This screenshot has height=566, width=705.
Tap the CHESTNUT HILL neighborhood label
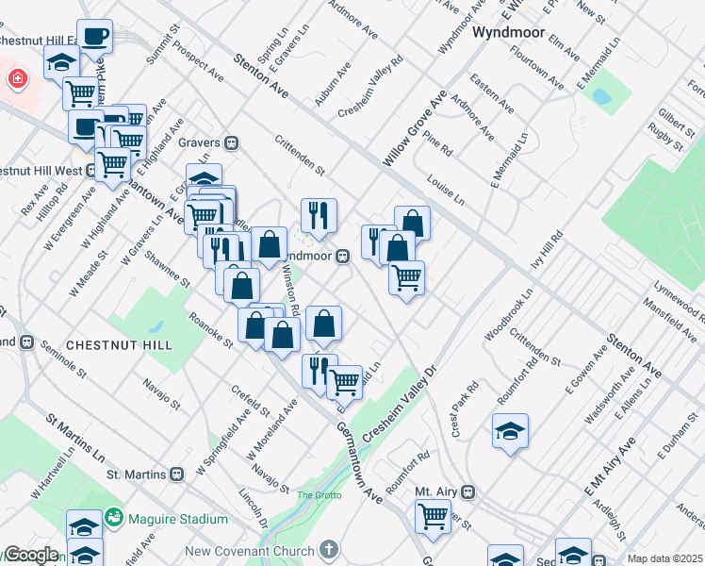[x=119, y=345]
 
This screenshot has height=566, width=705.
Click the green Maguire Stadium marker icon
[x=115, y=518]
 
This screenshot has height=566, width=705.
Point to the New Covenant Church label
[x=250, y=550]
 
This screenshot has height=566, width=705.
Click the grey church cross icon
[x=328, y=549]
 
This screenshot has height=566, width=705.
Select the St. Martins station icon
[x=176, y=474]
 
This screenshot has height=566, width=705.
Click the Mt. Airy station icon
[x=467, y=491]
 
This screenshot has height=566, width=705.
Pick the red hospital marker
[x=16, y=78]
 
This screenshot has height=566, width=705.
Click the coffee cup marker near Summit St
[x=94, y=37]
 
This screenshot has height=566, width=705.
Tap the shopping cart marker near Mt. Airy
[x=433, y=516]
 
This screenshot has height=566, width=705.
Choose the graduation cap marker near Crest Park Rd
[x=510, y=431]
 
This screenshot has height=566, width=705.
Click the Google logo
[x=30, y=555]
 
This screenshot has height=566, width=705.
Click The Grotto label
[x=317, y=495]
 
